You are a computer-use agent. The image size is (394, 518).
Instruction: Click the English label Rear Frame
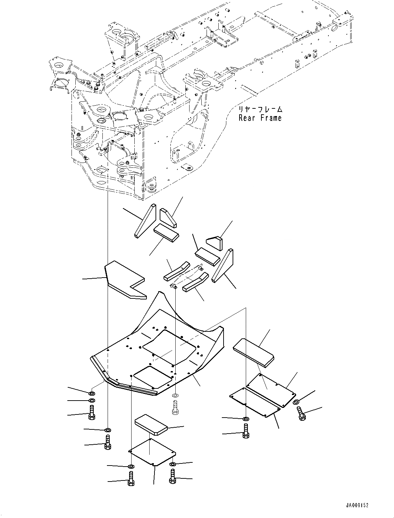click(260, 118)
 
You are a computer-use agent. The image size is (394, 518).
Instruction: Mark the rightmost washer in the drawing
click(296, 402)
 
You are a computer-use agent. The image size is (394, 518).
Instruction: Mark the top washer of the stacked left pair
click(92, 393)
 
